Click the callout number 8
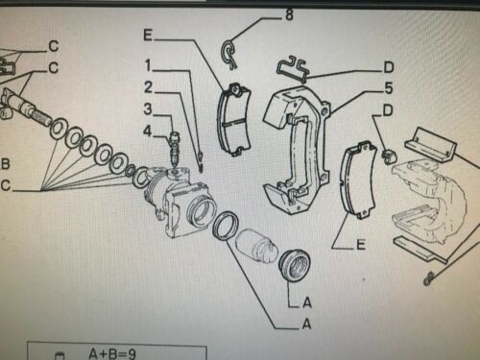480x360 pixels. (289, 14)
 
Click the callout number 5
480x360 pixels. (389, 88)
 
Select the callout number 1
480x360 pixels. (148, 65)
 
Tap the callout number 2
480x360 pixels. (148, 87)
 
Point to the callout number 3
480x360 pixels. (148, 109)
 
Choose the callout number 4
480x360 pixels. (147, 131)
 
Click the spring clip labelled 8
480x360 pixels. (228, 54)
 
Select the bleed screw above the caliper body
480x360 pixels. (175, 148)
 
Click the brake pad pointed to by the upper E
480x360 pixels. (234, 120)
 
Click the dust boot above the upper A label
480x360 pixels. (294, 265)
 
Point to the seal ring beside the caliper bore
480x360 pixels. (226, 226)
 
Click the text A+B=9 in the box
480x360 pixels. (112, 354)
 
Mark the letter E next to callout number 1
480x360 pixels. (148, 36)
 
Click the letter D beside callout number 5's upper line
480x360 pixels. (389, 67)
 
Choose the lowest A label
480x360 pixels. (306, 324)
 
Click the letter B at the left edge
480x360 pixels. (6, 163)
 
